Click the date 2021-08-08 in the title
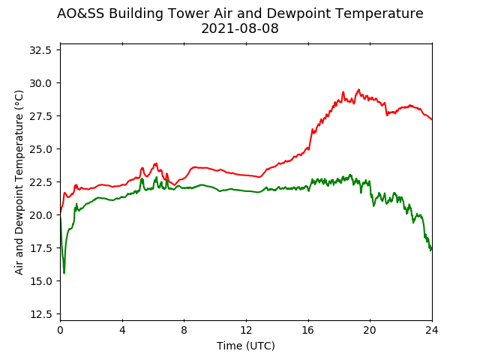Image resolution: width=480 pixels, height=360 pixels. [x=240, y=28]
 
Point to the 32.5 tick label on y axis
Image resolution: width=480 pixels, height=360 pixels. [x=40, y=50]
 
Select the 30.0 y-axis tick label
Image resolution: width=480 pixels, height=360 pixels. [x=40, y=83]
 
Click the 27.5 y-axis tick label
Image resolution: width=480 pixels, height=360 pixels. [x=40, y=116]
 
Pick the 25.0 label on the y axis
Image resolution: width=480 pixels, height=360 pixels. [x=40, y=149]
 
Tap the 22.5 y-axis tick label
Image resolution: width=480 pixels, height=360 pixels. [x=40, y=182]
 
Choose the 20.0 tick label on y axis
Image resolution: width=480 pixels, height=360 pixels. [x=40, y=215]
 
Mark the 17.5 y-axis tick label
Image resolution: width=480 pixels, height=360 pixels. [x=40, y=248]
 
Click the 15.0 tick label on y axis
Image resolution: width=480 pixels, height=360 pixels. [x=40, y=281]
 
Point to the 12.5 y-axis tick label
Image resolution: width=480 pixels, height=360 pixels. [x=40, y=314]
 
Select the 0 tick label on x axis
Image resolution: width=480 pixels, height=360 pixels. [x=60, y=331]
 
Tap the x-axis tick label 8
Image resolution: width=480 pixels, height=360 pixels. [x=184, y=331]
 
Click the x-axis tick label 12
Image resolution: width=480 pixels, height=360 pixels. [x=246, y=331]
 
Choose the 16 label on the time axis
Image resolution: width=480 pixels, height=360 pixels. [x=308, y=331]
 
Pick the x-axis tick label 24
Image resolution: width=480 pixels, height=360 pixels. [x=432, y=331]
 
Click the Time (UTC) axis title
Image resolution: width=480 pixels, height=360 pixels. [x=246, y=346]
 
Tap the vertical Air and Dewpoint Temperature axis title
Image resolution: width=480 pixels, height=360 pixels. [x=19, y=182]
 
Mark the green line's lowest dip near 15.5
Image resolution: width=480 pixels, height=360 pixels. [x=64, y=272]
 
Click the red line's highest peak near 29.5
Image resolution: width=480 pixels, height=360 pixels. [x=358, y=90]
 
